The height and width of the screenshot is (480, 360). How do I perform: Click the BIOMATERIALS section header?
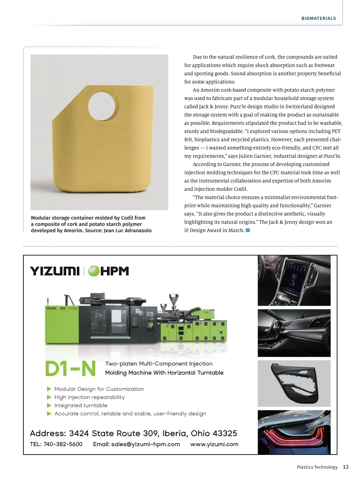319,18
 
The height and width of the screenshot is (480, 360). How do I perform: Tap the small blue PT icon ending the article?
248,230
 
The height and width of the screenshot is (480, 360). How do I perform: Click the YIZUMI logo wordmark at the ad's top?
55,271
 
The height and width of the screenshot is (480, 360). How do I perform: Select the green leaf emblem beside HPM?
94,271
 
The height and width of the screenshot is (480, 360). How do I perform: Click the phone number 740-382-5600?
63,444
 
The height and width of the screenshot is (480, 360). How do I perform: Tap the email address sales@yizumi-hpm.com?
145,444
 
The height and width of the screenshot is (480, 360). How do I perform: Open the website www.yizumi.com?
214,444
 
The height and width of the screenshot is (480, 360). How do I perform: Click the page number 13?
346,467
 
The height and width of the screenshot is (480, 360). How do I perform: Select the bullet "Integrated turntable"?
81,405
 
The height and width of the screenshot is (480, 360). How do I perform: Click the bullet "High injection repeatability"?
89,397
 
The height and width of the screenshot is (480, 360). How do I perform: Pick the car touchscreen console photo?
294,280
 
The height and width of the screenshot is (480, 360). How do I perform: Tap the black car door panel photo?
294,383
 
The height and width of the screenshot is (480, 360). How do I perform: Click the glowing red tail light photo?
294,432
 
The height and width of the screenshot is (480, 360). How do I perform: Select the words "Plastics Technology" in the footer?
317,467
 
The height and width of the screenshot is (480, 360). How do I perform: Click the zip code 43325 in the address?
225,433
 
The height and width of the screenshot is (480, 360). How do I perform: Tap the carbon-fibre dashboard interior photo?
294,333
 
